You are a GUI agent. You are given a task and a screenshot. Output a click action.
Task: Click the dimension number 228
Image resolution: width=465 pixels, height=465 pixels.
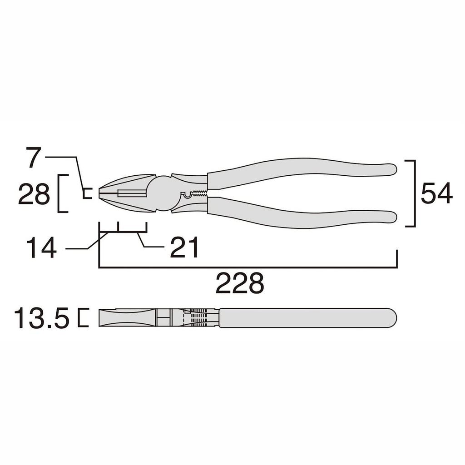[239, 284]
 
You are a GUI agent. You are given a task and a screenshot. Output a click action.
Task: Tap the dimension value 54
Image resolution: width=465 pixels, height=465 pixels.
[436, 194]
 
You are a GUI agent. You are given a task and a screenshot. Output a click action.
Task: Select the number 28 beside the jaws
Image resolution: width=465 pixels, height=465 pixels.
[34, 195]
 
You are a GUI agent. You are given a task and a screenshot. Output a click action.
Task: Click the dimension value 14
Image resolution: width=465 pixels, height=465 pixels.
[41, 248]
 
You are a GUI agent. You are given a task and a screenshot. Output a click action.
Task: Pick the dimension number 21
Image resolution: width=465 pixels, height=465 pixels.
[184, 248]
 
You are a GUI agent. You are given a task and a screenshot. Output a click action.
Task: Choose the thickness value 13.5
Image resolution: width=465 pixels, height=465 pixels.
[41, 318]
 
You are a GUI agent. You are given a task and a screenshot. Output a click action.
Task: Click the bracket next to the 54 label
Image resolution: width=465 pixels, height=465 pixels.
[414, 193]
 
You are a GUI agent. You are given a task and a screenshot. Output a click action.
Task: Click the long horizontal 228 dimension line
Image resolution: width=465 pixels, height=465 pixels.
[247, 267]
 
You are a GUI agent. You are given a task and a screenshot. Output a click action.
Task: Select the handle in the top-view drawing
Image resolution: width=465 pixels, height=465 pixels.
[307, 318]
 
